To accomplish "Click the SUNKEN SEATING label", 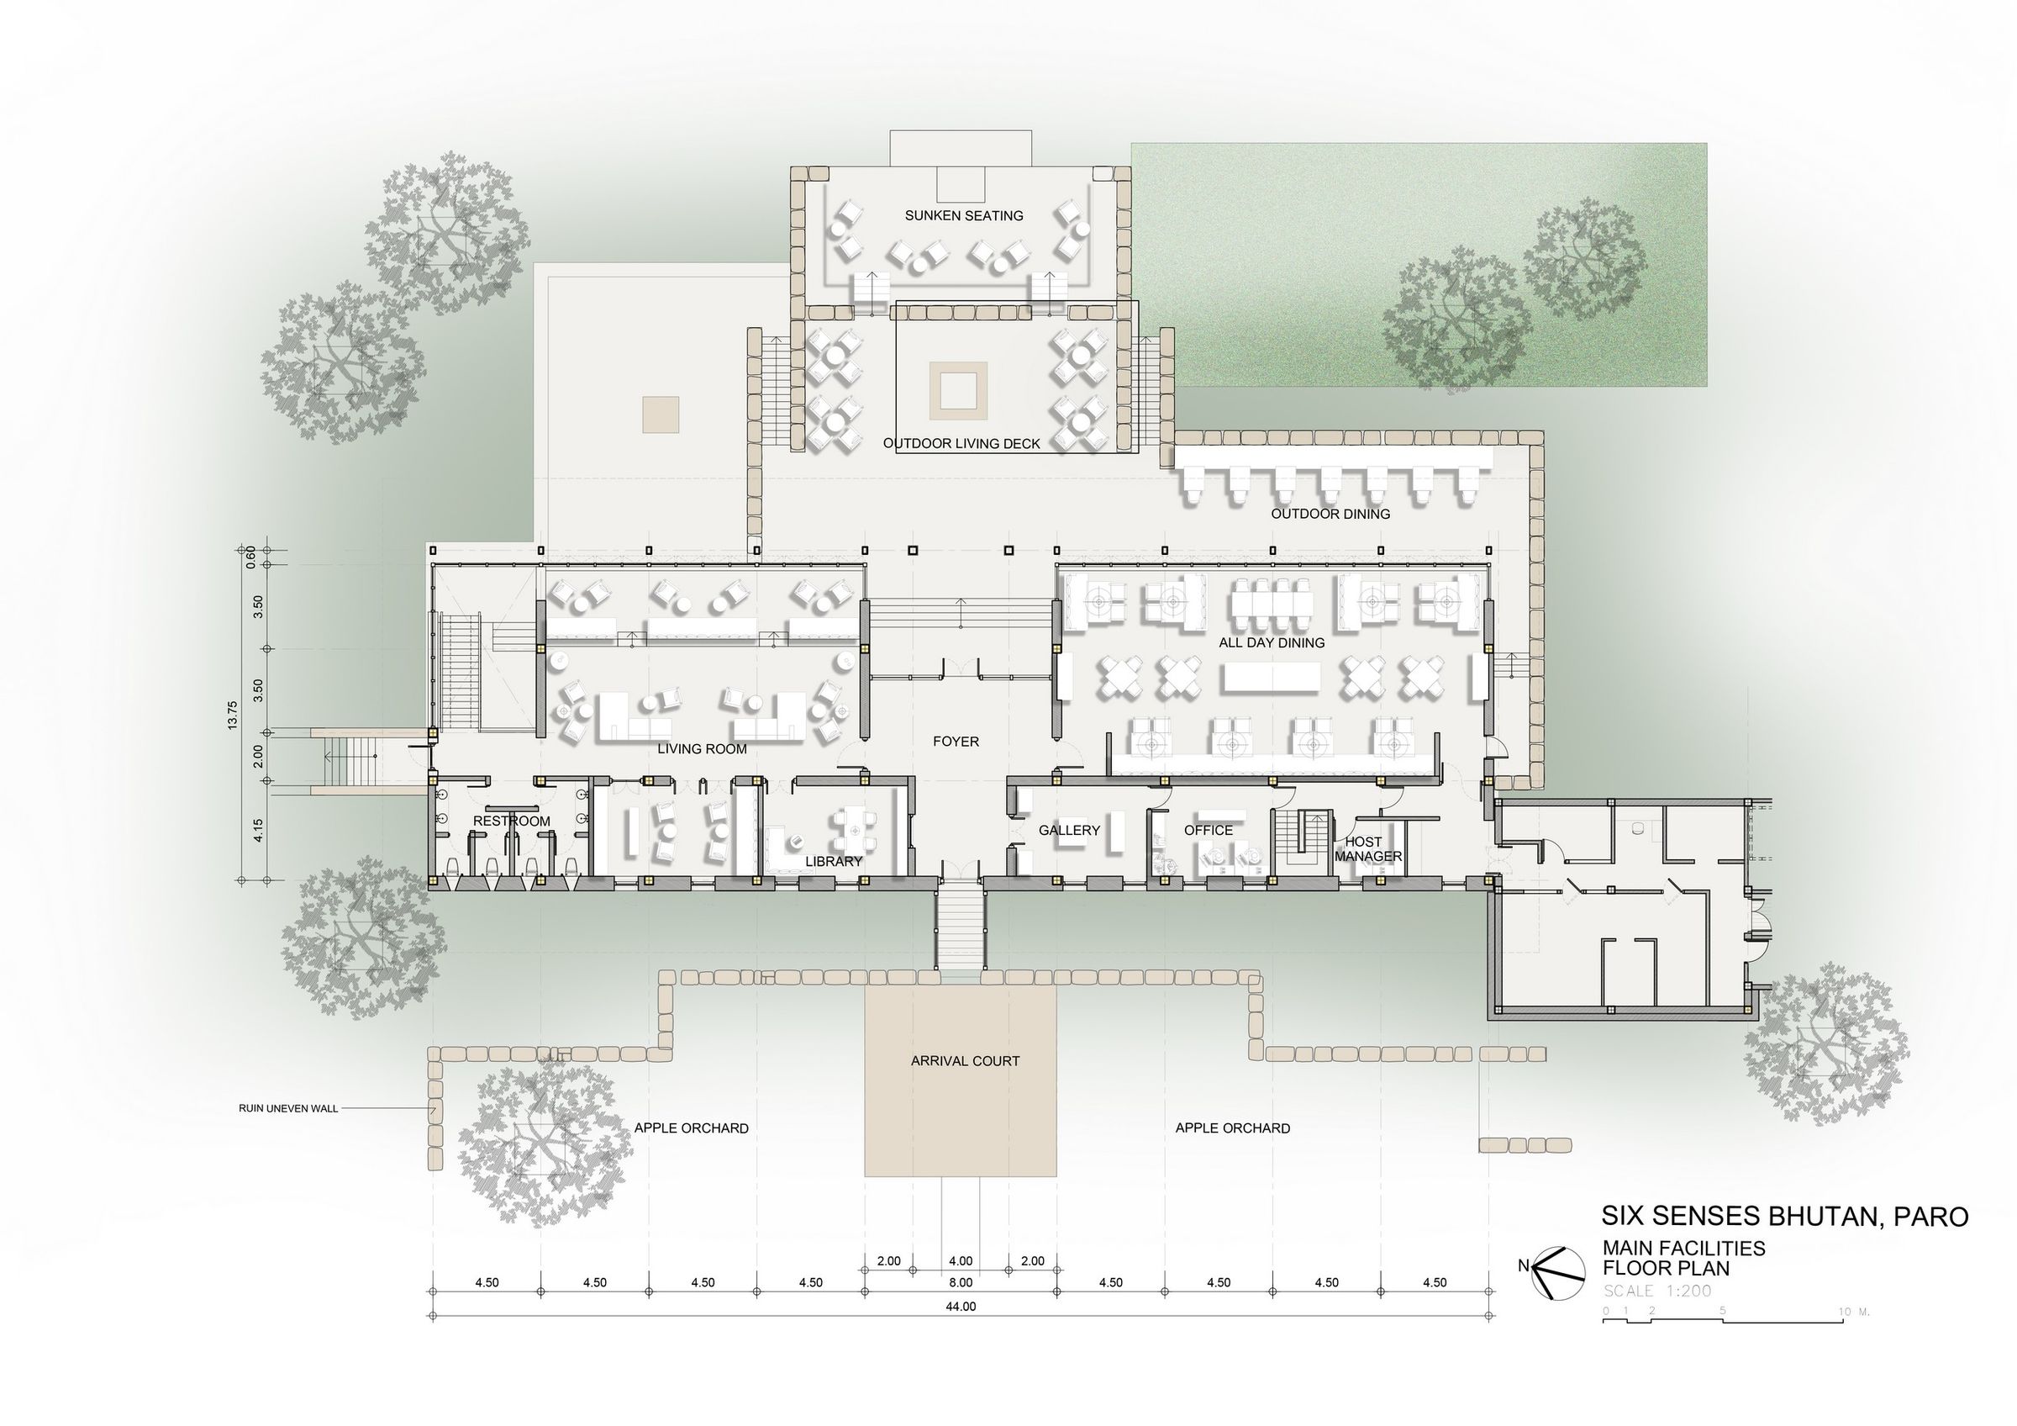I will click(x=964, y=215).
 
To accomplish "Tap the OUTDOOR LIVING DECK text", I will click(x=961, y=444).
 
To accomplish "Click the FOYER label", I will click(x=956, y=742).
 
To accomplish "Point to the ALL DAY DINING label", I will click(x=1272, y=642).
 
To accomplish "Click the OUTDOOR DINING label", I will click(x=1330, y=514).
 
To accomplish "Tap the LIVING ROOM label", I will click(x=702, y=748).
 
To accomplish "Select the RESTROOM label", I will click(x=511, y=821).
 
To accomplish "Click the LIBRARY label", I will click(x=834, y=861).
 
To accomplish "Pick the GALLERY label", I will click(x=1069, y=831).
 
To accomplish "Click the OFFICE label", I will click(x=1208, y=831).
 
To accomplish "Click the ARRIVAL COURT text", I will click(x=965, y=1061).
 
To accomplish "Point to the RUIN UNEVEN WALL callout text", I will click(x=288, y=1109).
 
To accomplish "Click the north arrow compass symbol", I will click(x=1557, y=1272).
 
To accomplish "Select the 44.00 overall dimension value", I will click(x=961, y=1307).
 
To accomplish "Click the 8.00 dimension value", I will click(x=961, y=1283).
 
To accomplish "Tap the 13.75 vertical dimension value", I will click(x=232, y=715).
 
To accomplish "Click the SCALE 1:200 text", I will click(x=1656, y=1291).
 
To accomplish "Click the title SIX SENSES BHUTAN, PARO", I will click(x=1784, y=1216).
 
